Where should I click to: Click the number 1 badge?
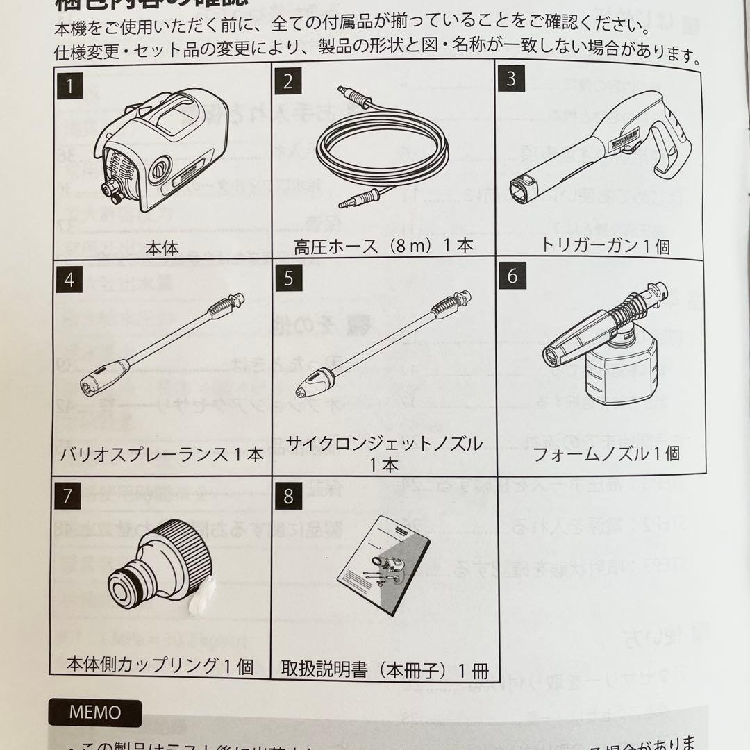coord(69,87)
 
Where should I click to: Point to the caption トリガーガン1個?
coord(605,245)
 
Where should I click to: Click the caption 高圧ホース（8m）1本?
coord(385,244)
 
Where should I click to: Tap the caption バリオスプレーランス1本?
coord(162,455)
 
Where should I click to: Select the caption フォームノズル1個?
coord(606,454)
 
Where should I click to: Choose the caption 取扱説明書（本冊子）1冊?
coord(384,671)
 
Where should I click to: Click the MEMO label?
coord(95,712)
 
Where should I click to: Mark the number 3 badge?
coord(510,78)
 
